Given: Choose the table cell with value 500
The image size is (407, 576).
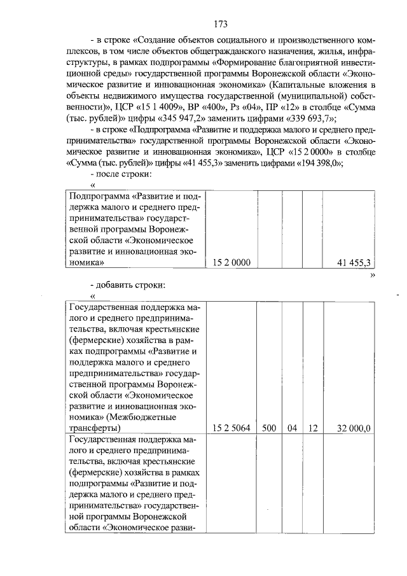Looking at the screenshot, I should [x=269, y=428].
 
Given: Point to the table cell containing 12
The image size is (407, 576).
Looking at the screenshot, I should [x=312, y=428].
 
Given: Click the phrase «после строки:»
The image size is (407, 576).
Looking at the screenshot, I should [x=125, y=173].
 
